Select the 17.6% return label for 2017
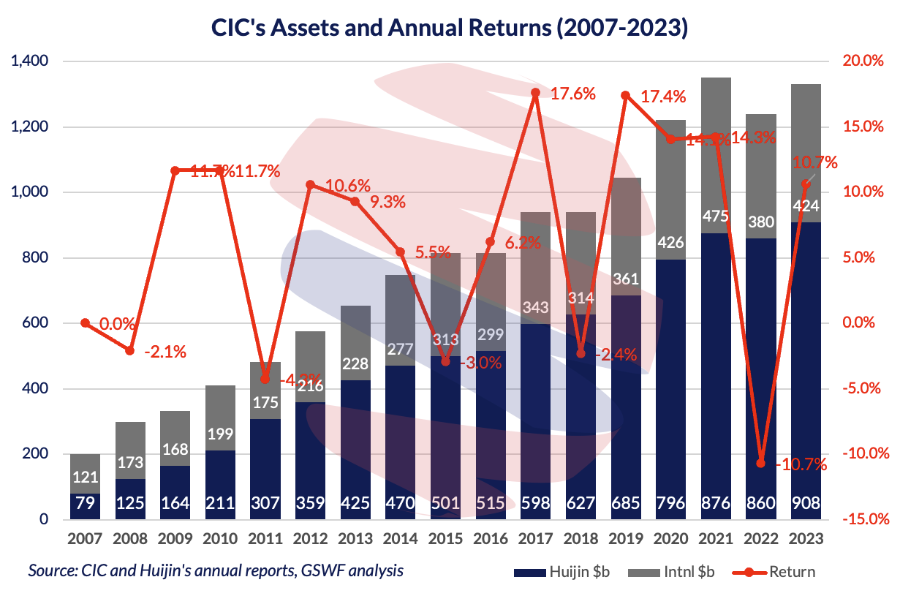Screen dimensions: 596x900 click(572, 94)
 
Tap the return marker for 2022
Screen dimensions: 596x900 click(760, 463)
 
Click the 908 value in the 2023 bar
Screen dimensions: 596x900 click(805, 504)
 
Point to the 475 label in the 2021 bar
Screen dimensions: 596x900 click(715, 216)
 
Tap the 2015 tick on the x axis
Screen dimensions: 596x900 click(445, 539)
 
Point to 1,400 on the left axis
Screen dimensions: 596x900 click(30, 61)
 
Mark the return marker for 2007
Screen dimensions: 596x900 click(86, 323)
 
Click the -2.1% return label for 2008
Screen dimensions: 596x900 click(165, 352)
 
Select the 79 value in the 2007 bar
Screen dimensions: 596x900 click(86, 504)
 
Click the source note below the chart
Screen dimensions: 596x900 click(216, 570)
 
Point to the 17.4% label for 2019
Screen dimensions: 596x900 click(663, 97)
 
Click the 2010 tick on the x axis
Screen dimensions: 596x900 click(220, 539)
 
